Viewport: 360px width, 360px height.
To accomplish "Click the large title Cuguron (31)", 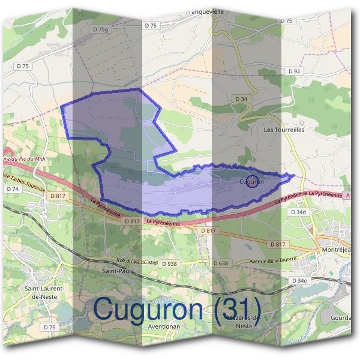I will [177, 309].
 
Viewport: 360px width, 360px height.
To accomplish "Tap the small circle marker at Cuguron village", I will [253, 181].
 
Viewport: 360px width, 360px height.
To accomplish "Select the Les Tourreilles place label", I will [284, 129].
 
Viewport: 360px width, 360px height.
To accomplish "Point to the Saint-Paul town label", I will [113, 271].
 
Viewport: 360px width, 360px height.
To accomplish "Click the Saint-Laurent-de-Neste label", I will [44, 292].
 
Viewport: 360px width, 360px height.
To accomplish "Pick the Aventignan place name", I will [164, 327].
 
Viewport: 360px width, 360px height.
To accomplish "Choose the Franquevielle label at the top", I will [205, 11].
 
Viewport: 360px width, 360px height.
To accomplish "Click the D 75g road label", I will [101, 28].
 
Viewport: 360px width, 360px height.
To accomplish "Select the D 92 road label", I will [294, 71].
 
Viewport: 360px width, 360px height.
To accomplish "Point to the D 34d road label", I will [298, 212].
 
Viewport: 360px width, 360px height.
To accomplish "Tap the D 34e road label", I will [299, 281].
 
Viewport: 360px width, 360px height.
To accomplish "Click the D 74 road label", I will [13, 188].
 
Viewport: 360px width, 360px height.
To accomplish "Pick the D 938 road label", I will [170, 263].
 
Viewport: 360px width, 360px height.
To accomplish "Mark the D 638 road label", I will [221, 263].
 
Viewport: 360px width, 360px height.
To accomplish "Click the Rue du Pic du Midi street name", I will [128, 260].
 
